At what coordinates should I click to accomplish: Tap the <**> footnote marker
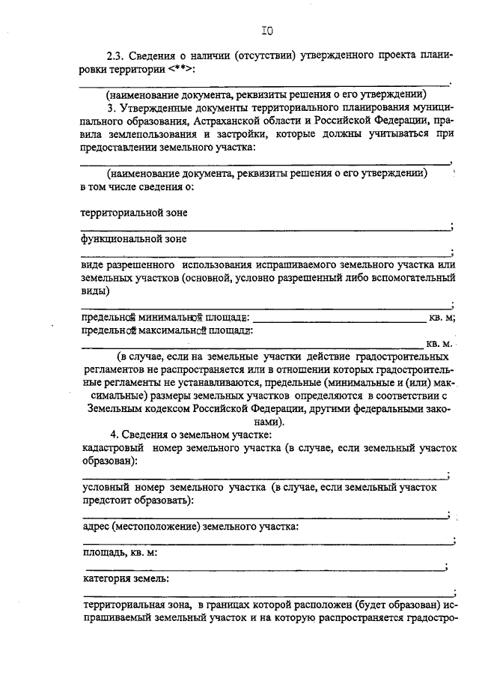(183, 69)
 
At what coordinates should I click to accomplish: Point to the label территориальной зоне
(134, 212)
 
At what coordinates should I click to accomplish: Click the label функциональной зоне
(134, 239)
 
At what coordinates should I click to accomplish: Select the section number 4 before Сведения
(113, 435)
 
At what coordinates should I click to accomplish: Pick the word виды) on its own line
(95, 291)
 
